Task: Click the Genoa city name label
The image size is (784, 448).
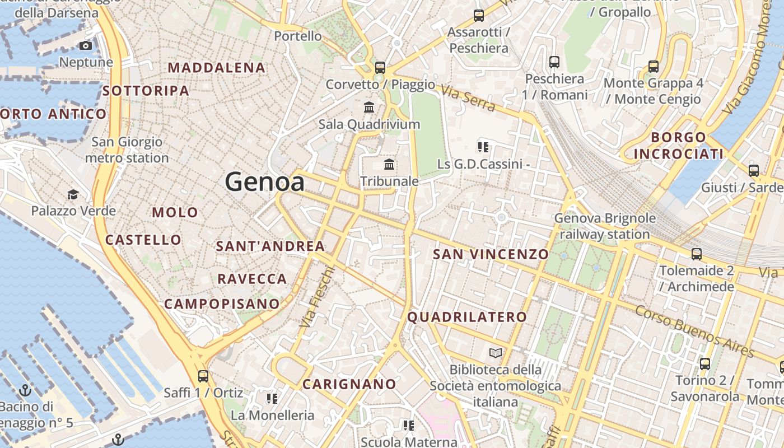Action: pos(265,182)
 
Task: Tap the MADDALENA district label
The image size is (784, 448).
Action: pos(217,68)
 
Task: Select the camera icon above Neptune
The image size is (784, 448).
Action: pos(86,45)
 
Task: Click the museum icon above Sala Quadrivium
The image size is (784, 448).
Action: pos(369,107)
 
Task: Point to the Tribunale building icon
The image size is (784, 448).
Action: pos(389,164)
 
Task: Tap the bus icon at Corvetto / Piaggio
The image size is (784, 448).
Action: pos(380,68)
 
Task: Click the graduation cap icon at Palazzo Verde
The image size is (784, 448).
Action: pos(73,194)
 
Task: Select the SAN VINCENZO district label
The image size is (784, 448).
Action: pos(491,254)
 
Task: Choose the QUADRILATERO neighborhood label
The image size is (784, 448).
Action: pos(467,317)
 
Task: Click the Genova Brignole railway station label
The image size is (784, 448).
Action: pos(605,226)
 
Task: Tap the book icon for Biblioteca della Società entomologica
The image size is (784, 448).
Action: pos(496,353)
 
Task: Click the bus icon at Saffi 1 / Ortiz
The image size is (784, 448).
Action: pos(203,376)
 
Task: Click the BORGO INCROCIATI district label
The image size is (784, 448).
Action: pos(679,146)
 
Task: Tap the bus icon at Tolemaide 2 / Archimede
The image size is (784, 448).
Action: pos(696,254)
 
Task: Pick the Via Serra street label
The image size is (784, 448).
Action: pos(468,98)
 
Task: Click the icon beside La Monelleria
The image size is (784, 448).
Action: pos(272,399)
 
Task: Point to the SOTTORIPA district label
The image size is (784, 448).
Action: pos(146,90)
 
